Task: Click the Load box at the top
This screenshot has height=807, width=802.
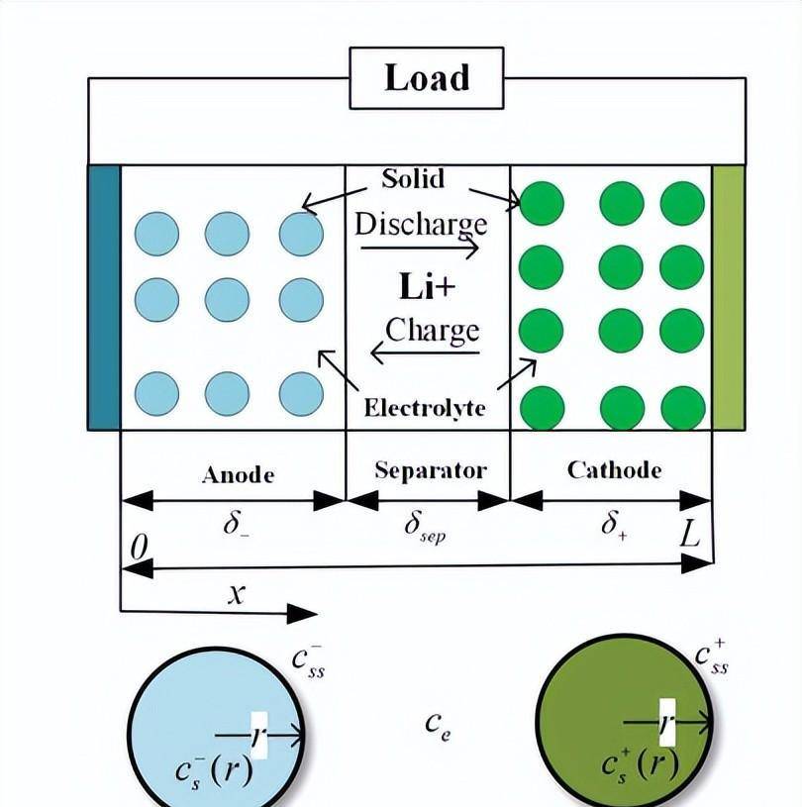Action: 426,78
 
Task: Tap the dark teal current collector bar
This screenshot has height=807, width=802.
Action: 103,297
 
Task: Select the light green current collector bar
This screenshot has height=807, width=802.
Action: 728,297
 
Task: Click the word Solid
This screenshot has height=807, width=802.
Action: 413,179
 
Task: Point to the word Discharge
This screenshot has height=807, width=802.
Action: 421,223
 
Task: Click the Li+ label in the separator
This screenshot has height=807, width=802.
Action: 428,287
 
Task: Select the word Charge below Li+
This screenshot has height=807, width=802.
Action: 432,330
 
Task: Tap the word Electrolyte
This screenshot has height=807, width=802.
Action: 425,407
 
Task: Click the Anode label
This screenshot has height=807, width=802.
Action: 238,474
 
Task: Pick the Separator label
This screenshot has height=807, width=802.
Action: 430,469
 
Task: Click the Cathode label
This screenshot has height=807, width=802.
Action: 614,469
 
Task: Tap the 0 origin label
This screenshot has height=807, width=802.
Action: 140,546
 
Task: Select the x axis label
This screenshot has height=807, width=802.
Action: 236,593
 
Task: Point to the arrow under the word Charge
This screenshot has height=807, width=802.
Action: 425,352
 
